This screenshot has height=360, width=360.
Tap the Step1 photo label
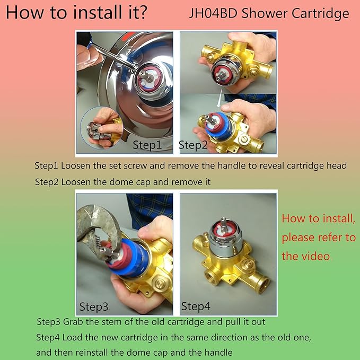[x=146, y=145]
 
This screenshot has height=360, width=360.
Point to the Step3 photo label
[x=94, y=306]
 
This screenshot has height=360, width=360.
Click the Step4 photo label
[x=196, y=306]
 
